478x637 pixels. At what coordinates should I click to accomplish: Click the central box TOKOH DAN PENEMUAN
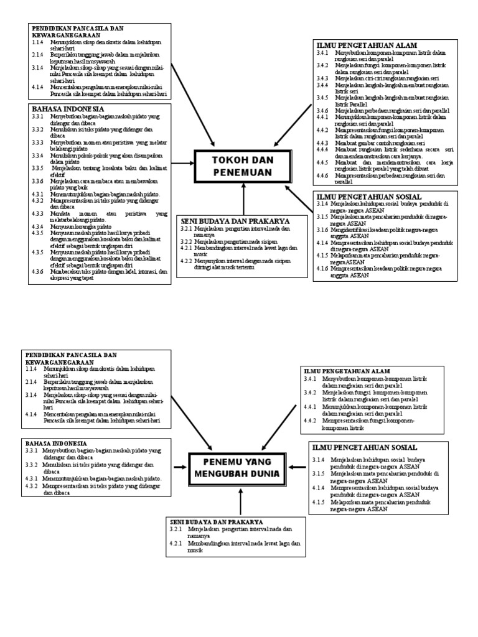(242, 166)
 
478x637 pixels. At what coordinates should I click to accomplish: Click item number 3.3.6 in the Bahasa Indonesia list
(37, 181)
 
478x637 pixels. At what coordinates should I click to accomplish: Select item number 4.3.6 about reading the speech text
(37, 271)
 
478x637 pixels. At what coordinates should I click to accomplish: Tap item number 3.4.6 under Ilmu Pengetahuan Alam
(321, 110)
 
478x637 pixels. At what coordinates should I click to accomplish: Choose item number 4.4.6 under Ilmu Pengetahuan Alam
(321, 176)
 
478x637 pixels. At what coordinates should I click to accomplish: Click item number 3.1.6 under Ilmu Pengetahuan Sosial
(321, 230)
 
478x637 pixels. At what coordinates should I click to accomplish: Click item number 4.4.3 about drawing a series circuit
(321, 143)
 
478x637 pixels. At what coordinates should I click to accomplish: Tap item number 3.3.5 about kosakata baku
(37, 168)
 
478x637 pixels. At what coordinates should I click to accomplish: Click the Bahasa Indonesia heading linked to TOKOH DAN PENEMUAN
(60, 108)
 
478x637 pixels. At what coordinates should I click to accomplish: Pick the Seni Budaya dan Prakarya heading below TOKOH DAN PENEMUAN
(228, 220)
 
